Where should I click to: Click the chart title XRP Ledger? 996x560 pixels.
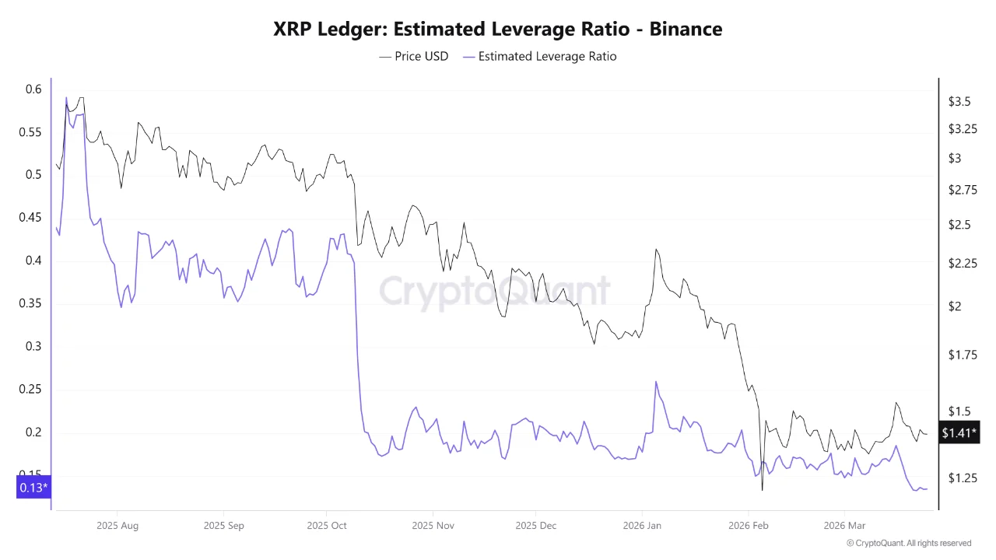(497, 30)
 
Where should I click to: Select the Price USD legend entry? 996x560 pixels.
(414, 56)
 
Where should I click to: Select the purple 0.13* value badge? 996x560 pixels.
(33, 488)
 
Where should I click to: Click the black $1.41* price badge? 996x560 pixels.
(959, 432)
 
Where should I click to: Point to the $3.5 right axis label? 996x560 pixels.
(959, 101)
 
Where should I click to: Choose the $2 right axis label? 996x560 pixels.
(955, 306)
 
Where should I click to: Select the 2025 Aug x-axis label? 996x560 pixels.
(117, 526)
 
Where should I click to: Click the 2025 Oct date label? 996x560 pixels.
(328, 526)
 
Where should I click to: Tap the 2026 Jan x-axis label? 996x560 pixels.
(643, 526)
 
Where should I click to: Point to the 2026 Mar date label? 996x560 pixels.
(843, 526)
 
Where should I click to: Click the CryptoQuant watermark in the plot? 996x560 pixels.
(495, 291)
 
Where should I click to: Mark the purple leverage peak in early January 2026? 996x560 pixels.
(656, 382)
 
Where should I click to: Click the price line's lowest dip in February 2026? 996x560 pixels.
(762, 490)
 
